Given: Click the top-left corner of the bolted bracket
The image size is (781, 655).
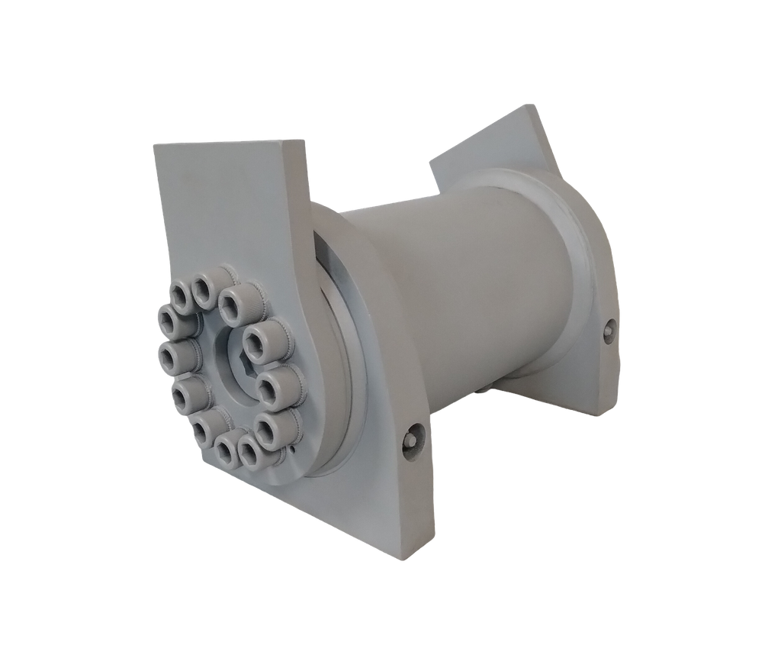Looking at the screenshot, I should [153, 145].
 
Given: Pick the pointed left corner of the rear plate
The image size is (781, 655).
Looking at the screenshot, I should [429, 161].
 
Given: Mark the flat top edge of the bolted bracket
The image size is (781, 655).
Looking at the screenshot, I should [229, 143].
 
